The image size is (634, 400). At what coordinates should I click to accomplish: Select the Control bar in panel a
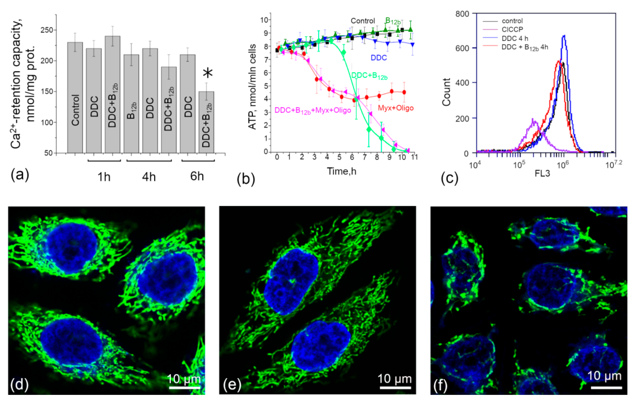75,98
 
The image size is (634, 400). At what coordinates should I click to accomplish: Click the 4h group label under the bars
149,177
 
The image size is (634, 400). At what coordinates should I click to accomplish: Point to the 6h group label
197,176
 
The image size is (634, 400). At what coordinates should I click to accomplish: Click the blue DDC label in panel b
379,58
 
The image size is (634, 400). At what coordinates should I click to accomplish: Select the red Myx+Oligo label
395,108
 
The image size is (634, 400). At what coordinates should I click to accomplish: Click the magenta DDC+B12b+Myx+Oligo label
312,110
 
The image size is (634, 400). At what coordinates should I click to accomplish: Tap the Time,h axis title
341,172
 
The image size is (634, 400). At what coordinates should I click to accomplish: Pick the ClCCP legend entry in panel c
512,29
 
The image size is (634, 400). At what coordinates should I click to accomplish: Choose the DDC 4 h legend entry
515,38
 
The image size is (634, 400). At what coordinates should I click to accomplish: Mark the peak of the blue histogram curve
564,36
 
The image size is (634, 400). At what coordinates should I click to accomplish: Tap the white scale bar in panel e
395,388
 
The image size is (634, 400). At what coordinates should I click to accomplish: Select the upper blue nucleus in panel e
291,281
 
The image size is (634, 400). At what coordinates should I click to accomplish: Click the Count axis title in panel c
446,92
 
